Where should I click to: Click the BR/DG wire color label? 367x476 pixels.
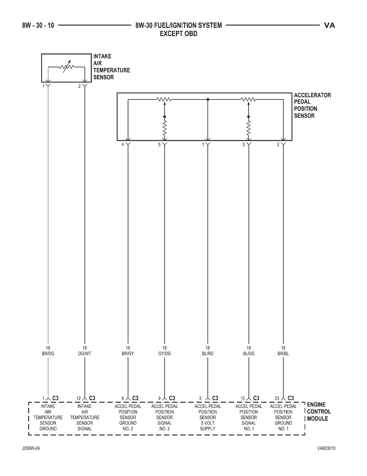(48, 354)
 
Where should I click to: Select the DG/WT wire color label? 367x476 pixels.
(85, 354)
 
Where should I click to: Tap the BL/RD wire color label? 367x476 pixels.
(207, 354)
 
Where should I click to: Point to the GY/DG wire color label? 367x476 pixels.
(164, 354)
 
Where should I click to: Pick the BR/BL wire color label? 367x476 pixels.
(283, 354)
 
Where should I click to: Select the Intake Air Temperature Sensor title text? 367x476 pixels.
(111, 67)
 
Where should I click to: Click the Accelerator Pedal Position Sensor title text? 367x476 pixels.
(312, 105)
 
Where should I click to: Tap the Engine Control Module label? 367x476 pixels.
(319, 412)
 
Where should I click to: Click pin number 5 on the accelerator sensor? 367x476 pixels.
(160, 145)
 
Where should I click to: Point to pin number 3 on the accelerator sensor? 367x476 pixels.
(243, 145)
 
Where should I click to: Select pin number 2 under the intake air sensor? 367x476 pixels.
(79, 86)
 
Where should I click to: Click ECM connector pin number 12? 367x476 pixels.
(79, 398)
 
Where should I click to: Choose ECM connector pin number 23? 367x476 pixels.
(277, 398)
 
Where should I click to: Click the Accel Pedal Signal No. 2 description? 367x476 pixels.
(164, 417)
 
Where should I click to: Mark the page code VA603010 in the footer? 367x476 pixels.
(326, 449)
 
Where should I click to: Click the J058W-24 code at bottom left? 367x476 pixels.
(31, 449)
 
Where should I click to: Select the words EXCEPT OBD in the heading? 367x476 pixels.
(178, 34)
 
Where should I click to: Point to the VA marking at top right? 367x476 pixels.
(330, 26)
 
